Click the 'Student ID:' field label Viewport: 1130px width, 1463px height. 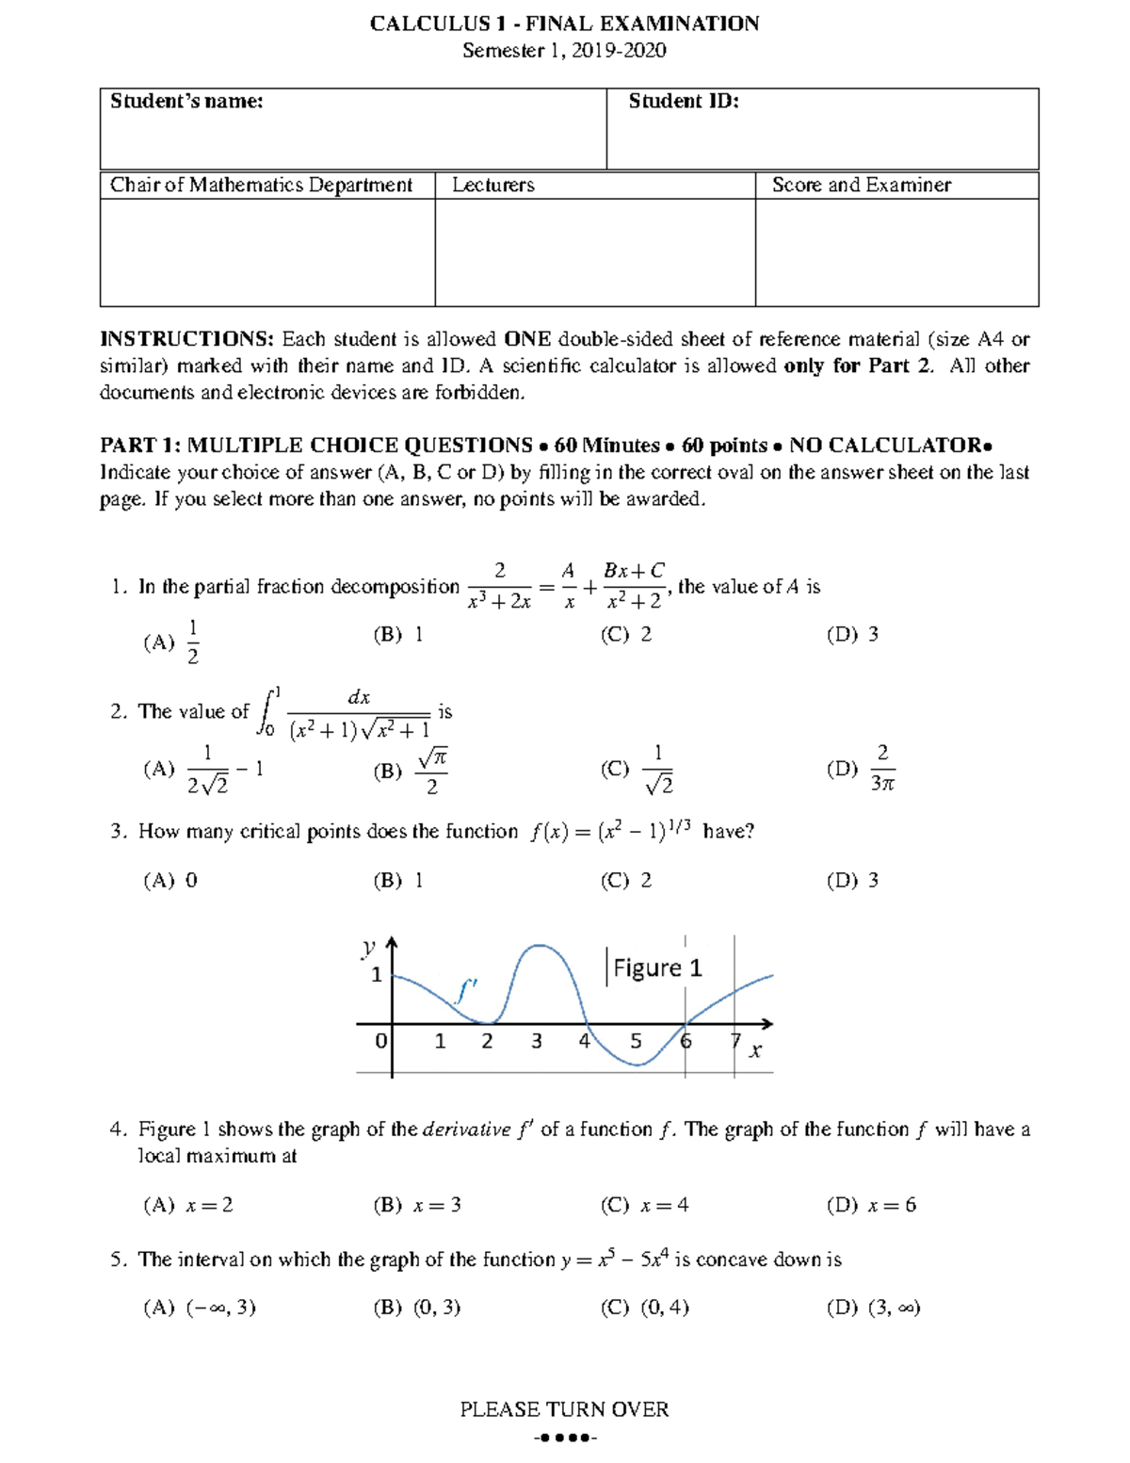point(684,102)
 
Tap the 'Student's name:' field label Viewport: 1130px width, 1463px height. point(186,102)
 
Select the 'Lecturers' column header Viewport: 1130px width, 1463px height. point(492,186)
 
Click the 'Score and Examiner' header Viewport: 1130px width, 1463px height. point(861,186)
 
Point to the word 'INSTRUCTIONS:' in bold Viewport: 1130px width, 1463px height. point(186,339)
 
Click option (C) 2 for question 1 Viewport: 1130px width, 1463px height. point(626,635)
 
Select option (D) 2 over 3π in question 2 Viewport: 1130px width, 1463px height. point(861,769)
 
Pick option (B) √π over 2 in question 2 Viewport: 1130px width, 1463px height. point(410,771)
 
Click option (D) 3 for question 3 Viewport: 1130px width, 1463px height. point(853,881)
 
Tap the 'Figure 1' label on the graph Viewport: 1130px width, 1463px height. point(657,968)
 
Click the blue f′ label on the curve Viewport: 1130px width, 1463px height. point(467,990)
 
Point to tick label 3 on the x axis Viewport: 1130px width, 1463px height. point(537,1041)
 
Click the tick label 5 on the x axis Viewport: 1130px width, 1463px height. point(636,1041)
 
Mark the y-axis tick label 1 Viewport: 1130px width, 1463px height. point(377,975)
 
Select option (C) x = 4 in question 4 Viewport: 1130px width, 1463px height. point(645,1206)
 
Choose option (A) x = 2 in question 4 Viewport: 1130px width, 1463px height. point(188,1206)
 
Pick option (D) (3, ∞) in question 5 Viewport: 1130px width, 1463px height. point(873,1308)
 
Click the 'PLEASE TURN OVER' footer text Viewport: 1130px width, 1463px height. point(564,1409)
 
